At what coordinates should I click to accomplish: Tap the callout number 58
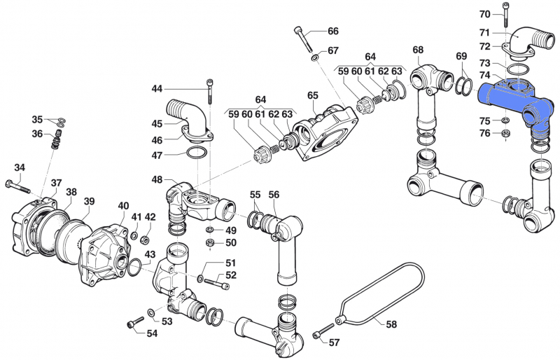pyautogui.click(x=391, y=324)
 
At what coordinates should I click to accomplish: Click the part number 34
pyautogui.click(x=20, y=167)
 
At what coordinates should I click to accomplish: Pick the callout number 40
pyautogui.click(x=123, y=206)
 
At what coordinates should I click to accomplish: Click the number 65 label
pyautogui.click(x=312, y=95)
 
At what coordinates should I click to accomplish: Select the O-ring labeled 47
pyautogui.click(x=197, y=153)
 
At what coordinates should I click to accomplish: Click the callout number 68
pyautogui.click(x=418, y=50)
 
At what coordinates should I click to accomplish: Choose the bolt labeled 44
pyautogui.click(x=210, y=91)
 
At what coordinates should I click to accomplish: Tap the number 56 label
pyautogui.click(x=274, y=195)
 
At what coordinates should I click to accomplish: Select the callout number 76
pyautogui.click(x=484, y=133)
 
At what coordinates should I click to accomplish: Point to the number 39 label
pyautogui.click(x=90, y=202)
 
